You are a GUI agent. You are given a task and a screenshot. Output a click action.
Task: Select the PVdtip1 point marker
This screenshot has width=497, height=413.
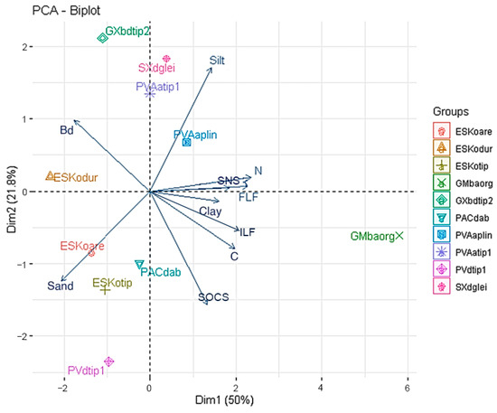[x=109, y=361]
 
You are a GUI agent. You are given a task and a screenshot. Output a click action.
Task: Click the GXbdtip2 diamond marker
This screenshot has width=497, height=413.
[x=102, y=38]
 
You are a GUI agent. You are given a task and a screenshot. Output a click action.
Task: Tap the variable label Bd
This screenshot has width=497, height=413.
[x=66, y=131]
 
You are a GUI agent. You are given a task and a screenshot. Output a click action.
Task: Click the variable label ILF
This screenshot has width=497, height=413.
[x=247, y=232]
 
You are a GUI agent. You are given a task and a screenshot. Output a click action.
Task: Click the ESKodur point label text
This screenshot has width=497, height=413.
[x=76, y=178]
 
